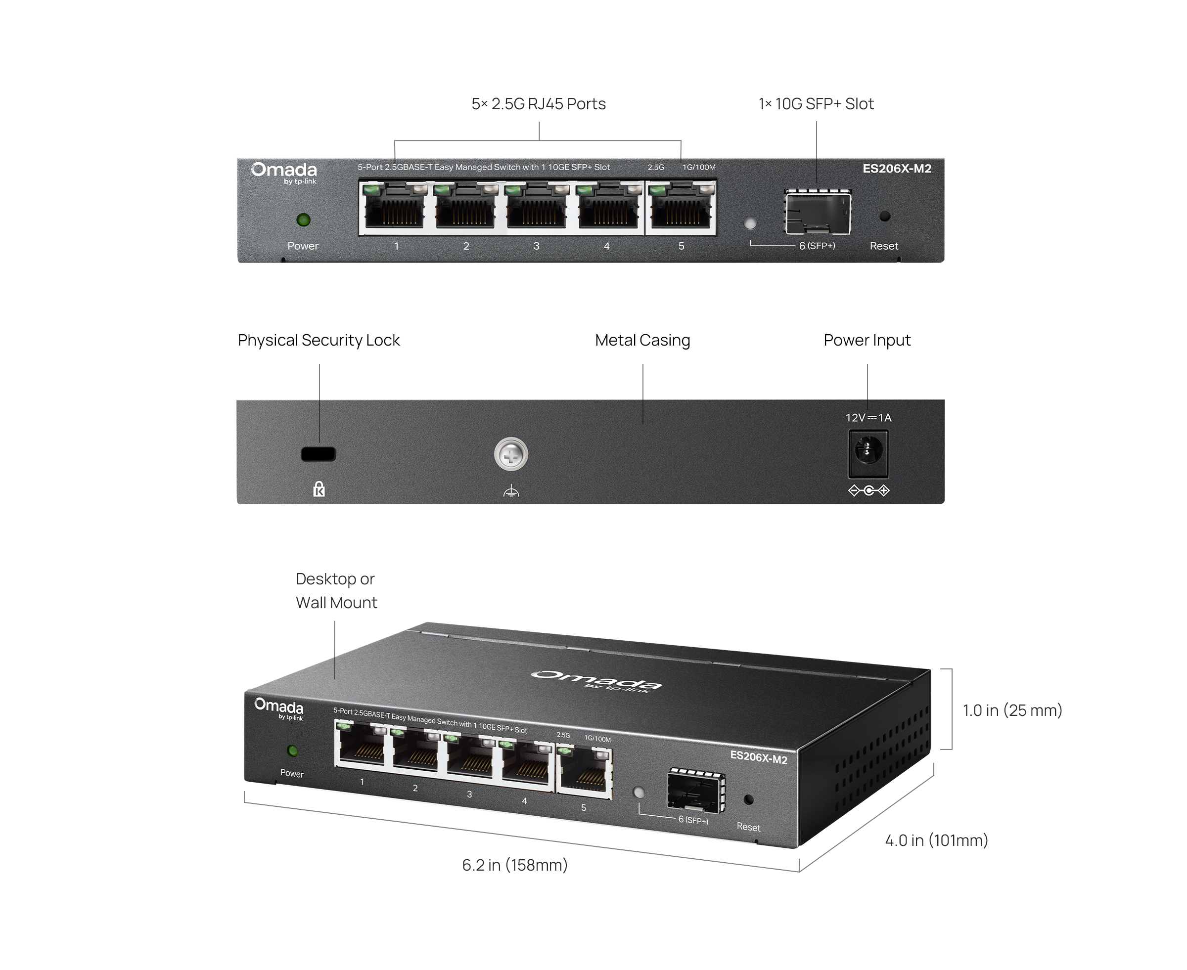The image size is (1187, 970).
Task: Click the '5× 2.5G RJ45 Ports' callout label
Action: tap(539, 104)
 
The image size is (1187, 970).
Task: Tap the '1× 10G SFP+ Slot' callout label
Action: tap(816, 104)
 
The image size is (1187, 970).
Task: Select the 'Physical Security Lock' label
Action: tap(319, 340)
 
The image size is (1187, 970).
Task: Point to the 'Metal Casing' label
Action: tap(642, 340)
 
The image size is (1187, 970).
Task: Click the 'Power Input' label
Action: tap(867, 340)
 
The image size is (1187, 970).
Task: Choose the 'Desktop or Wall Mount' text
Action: tap(336, 591)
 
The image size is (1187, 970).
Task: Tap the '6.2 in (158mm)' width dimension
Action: tap(515, 865)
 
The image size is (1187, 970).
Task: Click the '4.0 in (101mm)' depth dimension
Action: tap(937, 840)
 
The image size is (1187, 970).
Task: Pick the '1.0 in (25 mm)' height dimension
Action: tap(1012, 710)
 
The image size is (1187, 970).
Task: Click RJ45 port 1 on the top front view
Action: tap(394, 207)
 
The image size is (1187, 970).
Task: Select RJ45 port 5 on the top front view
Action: tap(681, 207)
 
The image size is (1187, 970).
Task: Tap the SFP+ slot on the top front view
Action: tap(818, 212)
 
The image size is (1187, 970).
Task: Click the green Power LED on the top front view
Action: tap(304, 220)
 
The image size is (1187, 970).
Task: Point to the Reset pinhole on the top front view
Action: tap(884, 216)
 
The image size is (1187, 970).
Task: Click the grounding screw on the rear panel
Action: tap(511, 455)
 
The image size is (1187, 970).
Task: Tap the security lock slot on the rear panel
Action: tap(319, 454)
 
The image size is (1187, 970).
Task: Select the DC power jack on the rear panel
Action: tap(868, 454)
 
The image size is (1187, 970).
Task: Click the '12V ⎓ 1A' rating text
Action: tap(868, 418)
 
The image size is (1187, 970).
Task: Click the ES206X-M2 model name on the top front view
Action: tap(897, 169)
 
